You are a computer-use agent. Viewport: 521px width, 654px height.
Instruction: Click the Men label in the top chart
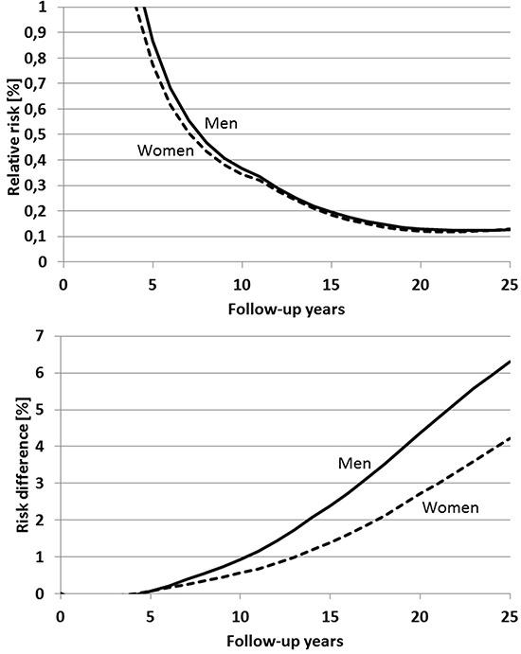[x=222, y=123]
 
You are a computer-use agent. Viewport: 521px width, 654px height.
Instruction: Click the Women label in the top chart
[x=165, y=150]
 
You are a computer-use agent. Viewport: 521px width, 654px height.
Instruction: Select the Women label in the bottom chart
[x=450, y=508]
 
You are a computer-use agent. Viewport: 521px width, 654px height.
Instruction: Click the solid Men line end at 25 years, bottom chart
[x=509, y=362]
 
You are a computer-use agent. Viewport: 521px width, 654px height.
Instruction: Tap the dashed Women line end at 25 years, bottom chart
[x=509, y=438]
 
